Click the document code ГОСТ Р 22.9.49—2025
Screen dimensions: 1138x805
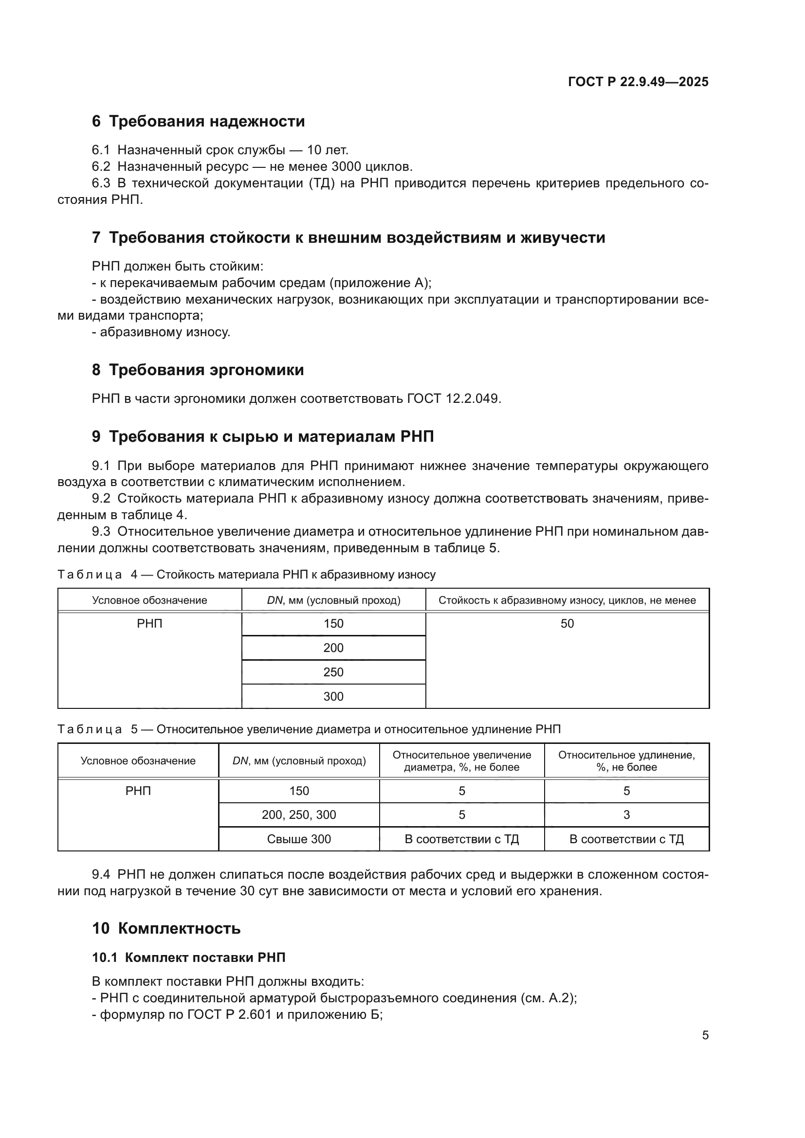click(638, 82)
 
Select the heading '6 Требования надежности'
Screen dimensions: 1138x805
click(198, 122)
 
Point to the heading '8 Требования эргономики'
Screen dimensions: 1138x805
click(198, 370)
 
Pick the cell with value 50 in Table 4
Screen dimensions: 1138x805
click(567, 624)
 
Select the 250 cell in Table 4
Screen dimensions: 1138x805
click(333, 672)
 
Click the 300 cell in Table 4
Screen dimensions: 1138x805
click(333, 696)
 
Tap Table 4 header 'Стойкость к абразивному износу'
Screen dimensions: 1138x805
click(567, 600)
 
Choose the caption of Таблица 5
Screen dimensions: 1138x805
click(309, 729)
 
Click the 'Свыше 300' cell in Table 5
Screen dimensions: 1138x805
click(299, 839)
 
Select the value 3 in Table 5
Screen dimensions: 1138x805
click(626, 815)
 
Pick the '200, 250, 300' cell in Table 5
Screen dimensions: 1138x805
click(299, 815)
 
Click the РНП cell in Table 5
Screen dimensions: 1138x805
click(138, 791)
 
